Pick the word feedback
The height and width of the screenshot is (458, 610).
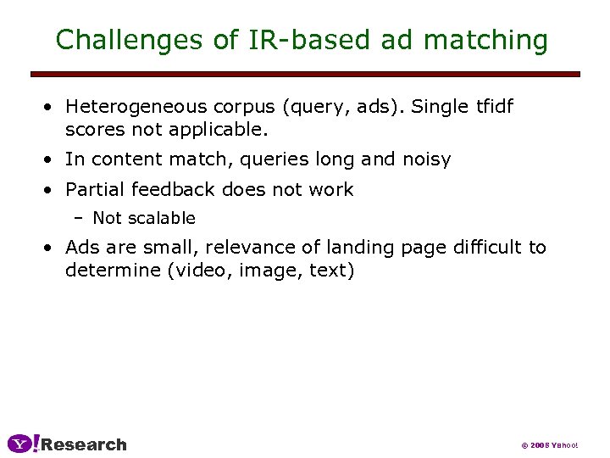(169, 189)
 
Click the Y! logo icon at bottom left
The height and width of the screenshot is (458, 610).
(23, 444)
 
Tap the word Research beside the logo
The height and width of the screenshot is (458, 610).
(84, 444)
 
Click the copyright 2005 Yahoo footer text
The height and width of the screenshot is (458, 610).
(549, 445)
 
